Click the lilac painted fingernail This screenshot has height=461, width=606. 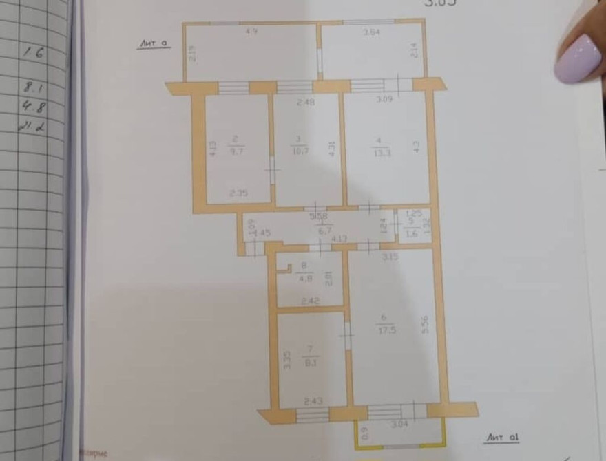click(580, 58)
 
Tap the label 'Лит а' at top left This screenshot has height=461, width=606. click(154, 43)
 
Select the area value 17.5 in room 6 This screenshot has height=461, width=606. click(384, 329)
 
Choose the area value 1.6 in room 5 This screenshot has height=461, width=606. click(411, 233)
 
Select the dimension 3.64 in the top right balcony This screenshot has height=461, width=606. click(373, 32)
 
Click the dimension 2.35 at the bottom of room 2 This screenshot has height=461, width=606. click(238, 195)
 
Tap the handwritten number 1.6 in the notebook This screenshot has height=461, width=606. click(32, 52)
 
